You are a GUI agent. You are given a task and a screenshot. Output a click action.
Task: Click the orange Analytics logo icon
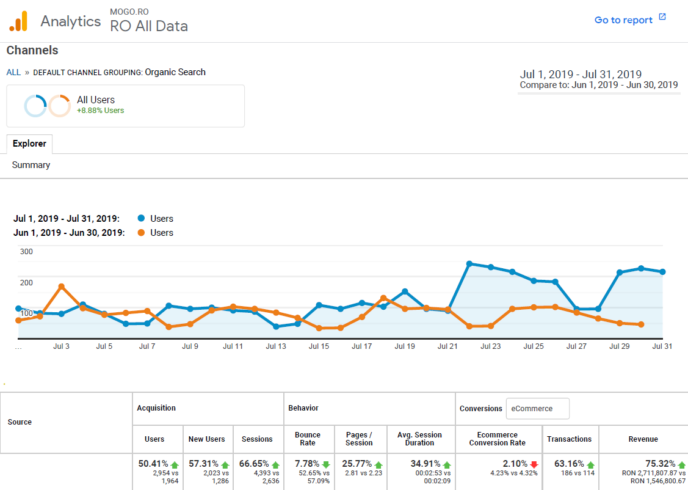pos(18,21)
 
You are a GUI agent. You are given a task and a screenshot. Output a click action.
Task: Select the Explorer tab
pos(29,144)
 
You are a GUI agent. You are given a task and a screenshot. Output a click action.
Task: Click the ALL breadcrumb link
pos(13,72)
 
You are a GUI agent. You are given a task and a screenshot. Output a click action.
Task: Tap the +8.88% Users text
pos(100,111)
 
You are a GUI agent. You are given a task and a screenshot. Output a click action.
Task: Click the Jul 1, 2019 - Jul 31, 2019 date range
pos(580,75)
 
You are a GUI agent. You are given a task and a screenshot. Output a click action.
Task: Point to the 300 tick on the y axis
pos(26,251)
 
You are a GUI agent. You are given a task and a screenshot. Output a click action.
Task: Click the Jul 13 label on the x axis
pos(276,346)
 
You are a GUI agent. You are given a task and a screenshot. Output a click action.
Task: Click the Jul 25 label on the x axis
pos(534,346)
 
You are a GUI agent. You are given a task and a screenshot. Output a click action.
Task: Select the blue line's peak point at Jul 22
pos(469,263)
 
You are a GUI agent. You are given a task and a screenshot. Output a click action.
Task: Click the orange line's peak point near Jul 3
pos(62,286)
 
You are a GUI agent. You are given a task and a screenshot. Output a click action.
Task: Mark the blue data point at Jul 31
pos(662,272)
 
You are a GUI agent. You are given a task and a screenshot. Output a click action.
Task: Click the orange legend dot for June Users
pos(142,233)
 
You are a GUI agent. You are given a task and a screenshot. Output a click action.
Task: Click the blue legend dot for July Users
pos(142,219)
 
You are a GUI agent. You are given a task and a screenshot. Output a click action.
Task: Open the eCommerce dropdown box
pos(537,409)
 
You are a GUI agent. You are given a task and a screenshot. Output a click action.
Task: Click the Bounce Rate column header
pos(307,439)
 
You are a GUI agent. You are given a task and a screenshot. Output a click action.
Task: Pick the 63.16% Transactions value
pos(567,464)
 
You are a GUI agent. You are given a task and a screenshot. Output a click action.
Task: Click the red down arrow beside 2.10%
pos(534,464)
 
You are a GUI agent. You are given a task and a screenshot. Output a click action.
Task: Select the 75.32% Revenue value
pos(660,464)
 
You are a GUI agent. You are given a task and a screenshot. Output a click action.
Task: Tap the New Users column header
pos(206,439)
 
